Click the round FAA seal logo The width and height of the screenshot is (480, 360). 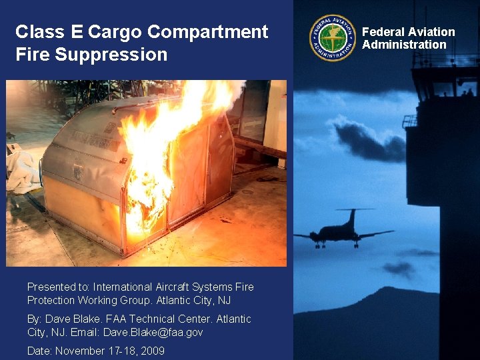(333, 38)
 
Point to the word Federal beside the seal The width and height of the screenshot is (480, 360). (383, 32)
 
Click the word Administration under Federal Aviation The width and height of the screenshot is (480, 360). (404, 45)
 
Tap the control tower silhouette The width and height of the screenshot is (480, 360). (440, 133)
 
